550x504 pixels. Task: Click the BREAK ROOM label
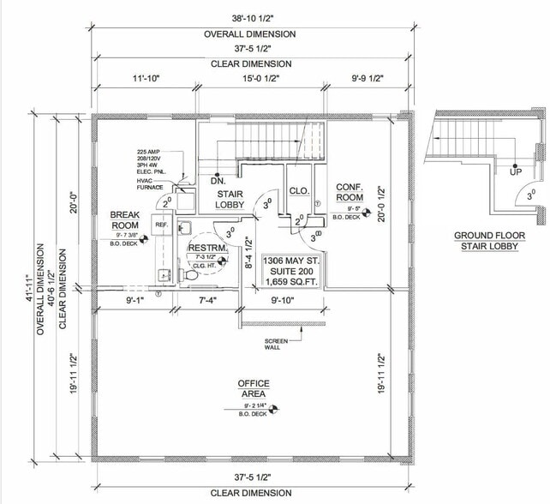click(x=125, y=220)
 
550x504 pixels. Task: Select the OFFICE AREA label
click(x=254, y=388)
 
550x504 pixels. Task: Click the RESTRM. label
click(x=206, y=249)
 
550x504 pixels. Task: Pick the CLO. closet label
click(x=299, y=191)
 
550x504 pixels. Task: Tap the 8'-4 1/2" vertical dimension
click(x=248, y=253)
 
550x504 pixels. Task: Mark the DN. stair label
click(x=218, y=181)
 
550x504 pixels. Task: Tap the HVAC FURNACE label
click(x=150, y=183)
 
